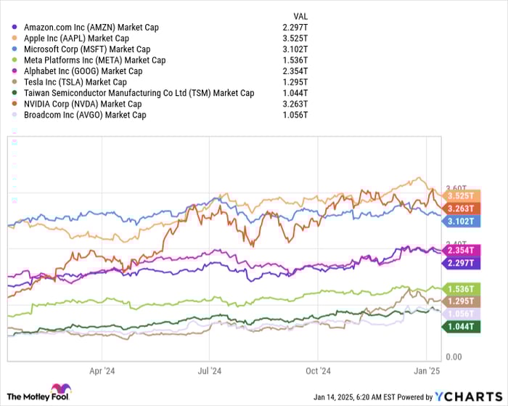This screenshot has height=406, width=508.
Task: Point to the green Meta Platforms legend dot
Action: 16,60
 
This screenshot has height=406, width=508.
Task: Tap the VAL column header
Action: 299,15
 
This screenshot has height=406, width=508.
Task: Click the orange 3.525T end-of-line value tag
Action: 461,195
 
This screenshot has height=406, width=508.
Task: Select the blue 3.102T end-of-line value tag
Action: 461,221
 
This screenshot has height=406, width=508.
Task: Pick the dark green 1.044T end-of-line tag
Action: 461,327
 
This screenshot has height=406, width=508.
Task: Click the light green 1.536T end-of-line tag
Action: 461,288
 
